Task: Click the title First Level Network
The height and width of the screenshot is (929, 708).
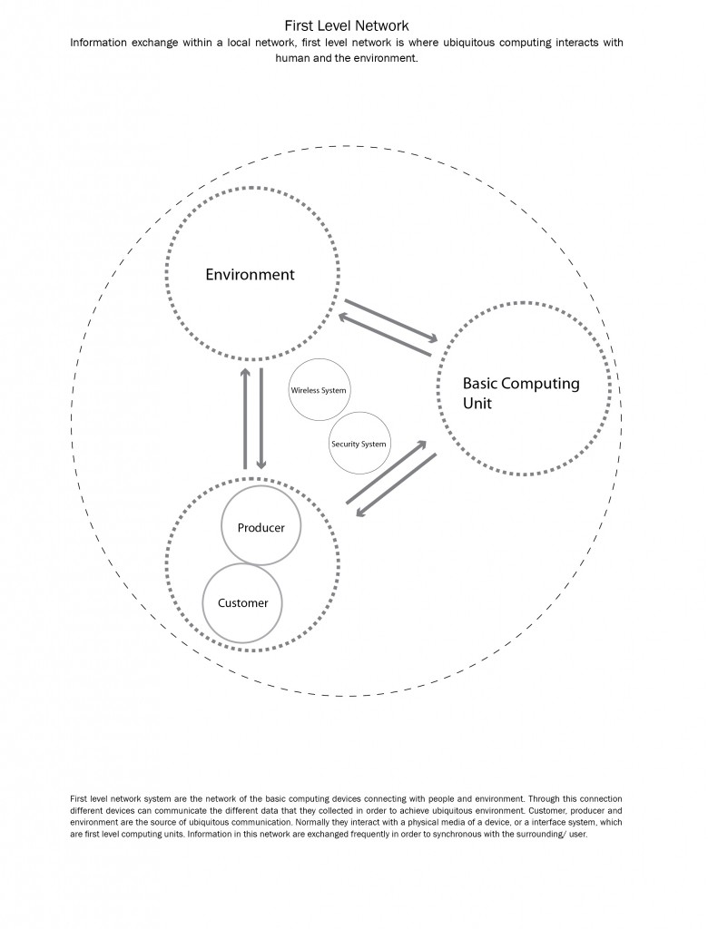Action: [346, 26]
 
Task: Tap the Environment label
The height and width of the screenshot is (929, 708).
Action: [250, 274]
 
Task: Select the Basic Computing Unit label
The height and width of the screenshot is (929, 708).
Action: [520, 393]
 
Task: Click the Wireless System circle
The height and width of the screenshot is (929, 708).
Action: [319, 390]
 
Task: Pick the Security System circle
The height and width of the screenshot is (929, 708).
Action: [359, 444]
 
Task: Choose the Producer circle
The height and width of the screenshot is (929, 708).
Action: [261, 527]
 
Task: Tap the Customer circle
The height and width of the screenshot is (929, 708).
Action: [242, 602]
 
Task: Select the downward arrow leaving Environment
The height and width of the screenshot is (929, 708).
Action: [261, 417]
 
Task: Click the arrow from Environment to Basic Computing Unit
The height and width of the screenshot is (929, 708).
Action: [390, 319]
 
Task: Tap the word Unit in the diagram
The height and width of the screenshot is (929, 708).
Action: [477, 404]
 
